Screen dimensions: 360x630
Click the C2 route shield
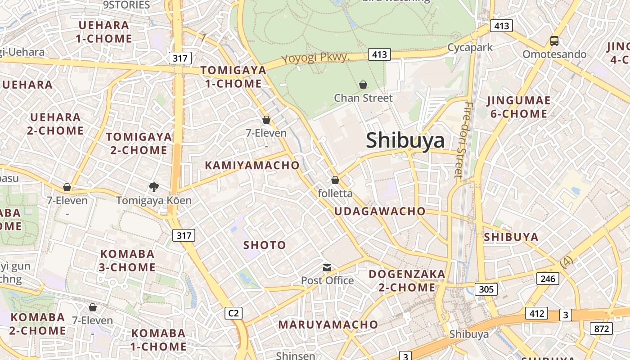tap(234, 313)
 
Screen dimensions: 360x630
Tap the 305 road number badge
tap(486, 289)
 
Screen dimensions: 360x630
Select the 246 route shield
tap(548, 279)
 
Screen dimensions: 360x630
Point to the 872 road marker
tap(601, 328)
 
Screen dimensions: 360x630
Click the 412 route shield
tap(536, 313)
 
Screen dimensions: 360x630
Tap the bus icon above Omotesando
tap(554, 41)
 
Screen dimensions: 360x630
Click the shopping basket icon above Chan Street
tap(363, 85)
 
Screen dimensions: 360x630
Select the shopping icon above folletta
tap(335, 180)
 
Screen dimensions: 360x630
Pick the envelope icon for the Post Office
tap(327, 268)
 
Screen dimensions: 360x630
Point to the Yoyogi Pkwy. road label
tap(315, 58)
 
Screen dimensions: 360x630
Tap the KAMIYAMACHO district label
tap(252, 165)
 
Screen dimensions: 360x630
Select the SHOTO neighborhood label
tap(265, 245)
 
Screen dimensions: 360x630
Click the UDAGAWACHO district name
tap(380, 211)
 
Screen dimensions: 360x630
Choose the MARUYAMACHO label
tap(328, 324)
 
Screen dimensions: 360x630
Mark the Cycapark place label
tap(470, 47)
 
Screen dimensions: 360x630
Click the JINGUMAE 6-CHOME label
tap(518, 107)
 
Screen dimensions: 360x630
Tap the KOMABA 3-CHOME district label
tap(127, 261)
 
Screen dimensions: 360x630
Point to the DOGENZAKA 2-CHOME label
tap(407, 281)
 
